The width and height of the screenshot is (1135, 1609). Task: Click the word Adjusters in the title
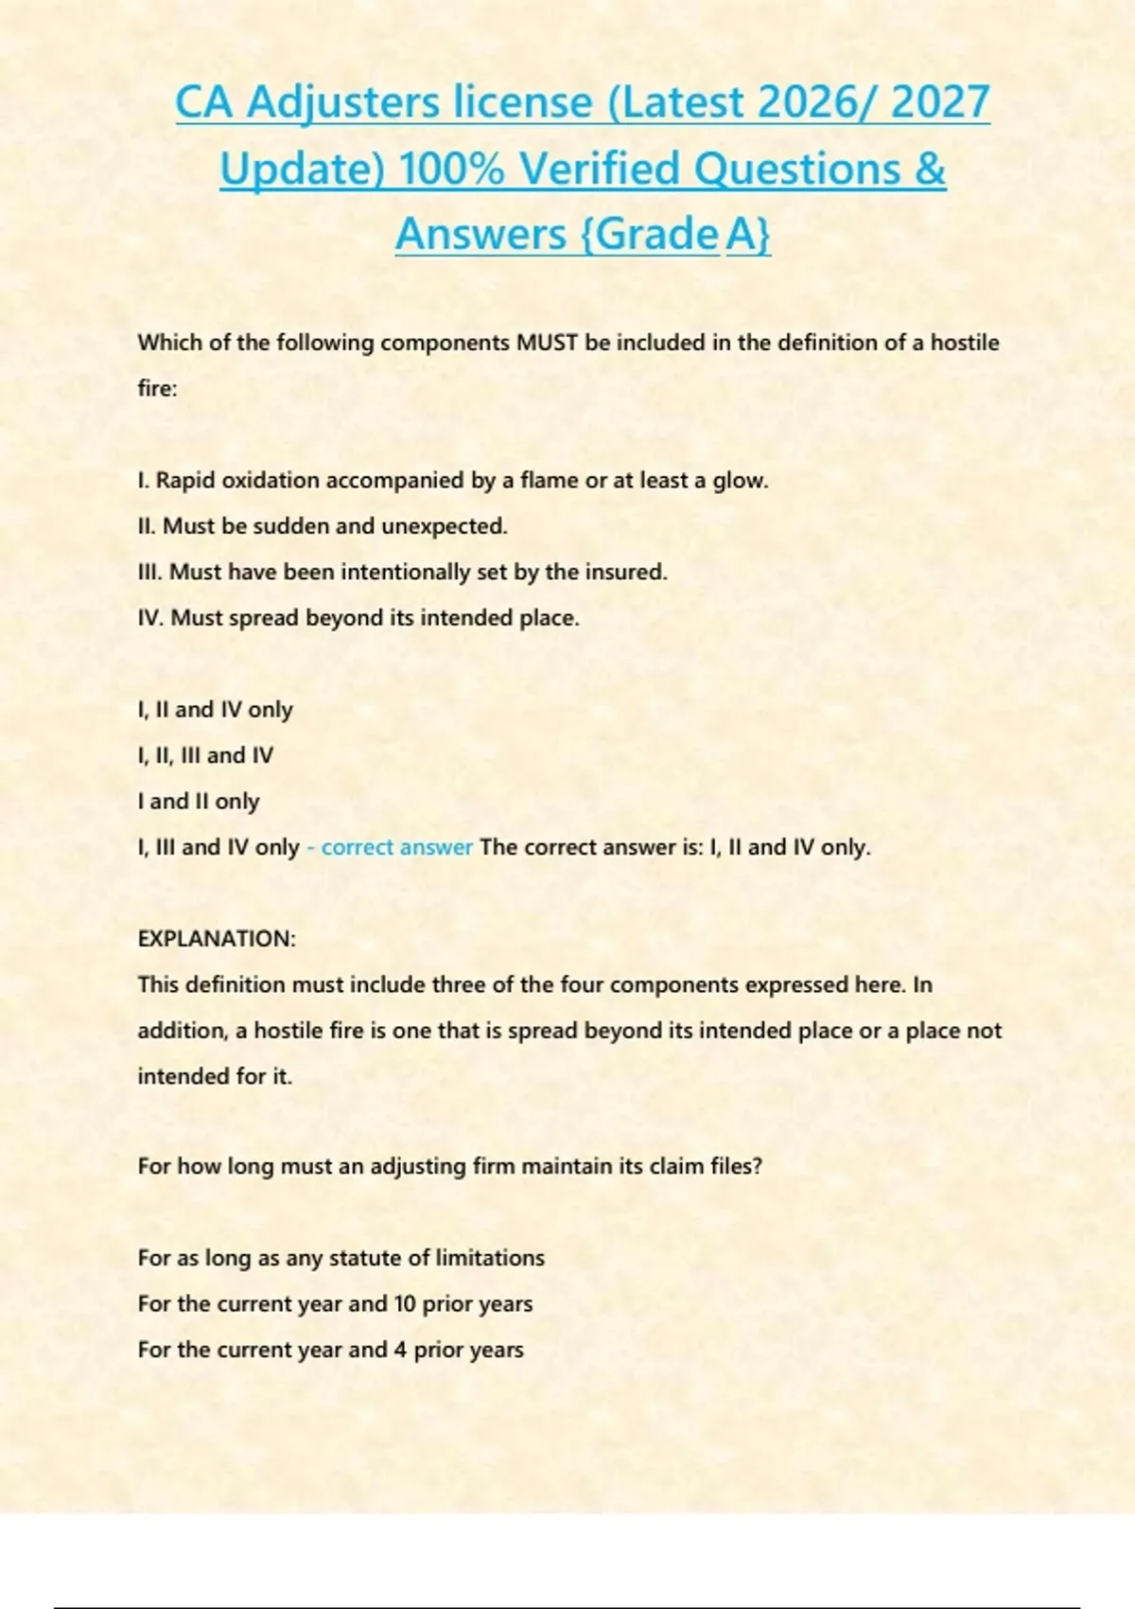click(x=343, y=102)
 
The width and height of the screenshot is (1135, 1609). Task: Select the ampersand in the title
click(x=930, y=169)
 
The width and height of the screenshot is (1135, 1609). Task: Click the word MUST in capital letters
click(x=547, y=343)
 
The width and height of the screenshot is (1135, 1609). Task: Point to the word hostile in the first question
click(x=965, y=343)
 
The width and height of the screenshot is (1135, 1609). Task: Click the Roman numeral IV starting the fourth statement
click(x=150, y=618)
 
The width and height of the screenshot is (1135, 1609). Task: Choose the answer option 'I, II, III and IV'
click(x=205, y=755)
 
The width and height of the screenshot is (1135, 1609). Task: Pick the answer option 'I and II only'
click(x=199, y=802)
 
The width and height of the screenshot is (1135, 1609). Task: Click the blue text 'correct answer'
click(x=396, y=847)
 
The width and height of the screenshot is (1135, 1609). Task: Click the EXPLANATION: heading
click(x=217, y=939)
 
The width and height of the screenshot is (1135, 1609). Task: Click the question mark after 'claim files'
click(x=757, y=1166)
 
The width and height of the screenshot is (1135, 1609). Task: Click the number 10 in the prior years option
click(x=405, y=1304)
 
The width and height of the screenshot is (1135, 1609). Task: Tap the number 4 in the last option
click(x=400, y=1350)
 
